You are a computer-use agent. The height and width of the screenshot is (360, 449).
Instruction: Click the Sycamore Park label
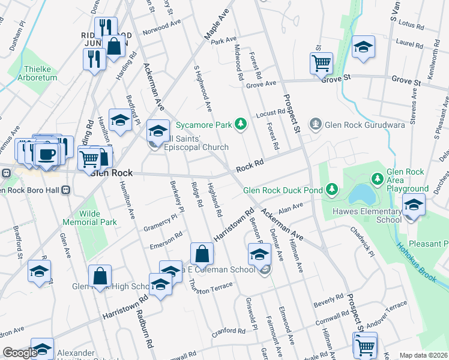point(203,126)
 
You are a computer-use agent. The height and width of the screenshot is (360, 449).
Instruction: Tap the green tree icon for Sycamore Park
point(241,124)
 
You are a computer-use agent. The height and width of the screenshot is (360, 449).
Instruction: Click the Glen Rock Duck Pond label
point(283,191)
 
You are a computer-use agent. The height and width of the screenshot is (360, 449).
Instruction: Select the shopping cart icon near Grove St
point(321,62)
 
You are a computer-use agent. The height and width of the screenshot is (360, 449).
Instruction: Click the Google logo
point(19,353)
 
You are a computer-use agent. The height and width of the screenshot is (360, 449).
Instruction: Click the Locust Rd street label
point(270,112)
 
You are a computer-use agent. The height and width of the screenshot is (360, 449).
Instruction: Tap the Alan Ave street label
point(291,208)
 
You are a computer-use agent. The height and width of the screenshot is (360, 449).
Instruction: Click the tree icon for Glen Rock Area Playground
point(377,179)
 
